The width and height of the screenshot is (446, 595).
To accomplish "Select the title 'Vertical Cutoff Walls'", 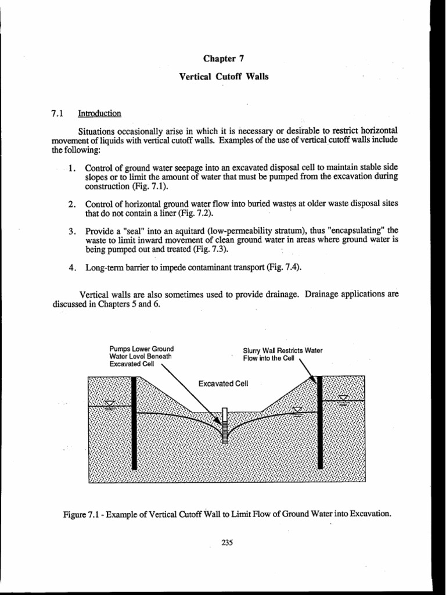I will click(x=223, y=77).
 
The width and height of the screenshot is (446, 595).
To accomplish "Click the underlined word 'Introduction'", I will click(x=103, y=113).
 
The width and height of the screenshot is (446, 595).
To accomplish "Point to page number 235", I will click(x=226, y=543).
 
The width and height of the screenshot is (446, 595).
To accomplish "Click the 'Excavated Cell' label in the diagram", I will click(x=223, y=384).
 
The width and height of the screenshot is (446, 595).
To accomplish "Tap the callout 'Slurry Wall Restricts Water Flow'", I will click(x=283, y=354).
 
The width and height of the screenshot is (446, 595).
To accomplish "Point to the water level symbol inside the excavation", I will click(x=297, y=411).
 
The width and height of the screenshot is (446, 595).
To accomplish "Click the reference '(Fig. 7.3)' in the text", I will click(x=210, y=250).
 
